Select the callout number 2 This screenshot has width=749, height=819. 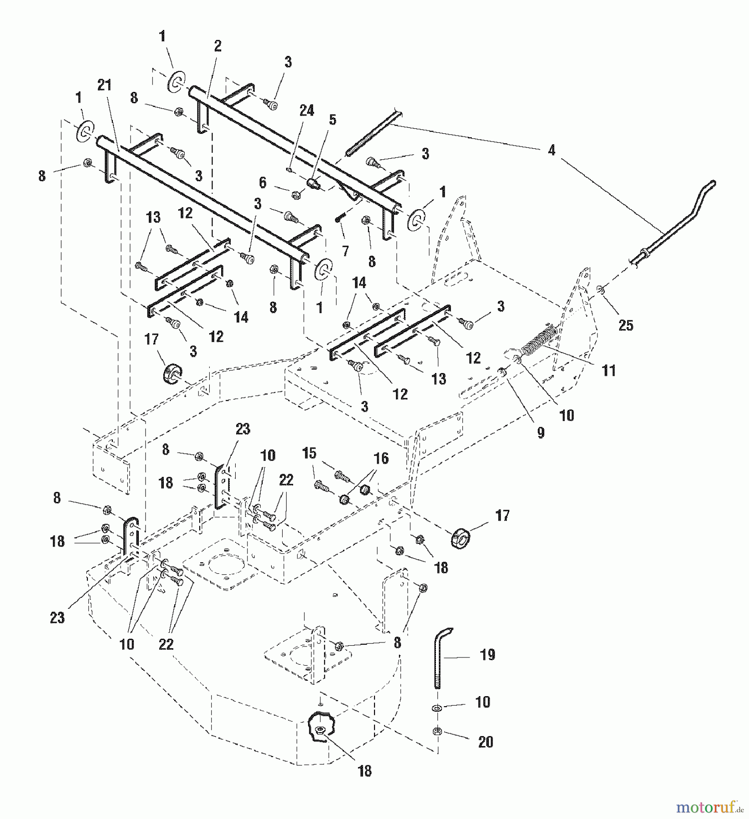click(x=218, y=46)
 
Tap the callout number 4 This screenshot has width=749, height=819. click(x=552, y=151)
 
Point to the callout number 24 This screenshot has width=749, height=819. click(x=307, y=111)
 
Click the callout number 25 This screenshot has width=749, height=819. click(x=626, y=325)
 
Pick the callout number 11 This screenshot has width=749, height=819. click(x=608, y=371)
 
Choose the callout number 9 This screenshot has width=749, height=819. click(x=541, y=432)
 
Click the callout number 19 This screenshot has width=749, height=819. click(x=487, y=655)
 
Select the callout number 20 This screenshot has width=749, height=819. click(x=486, y=742)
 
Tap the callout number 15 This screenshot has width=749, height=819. click(x=309, y=454)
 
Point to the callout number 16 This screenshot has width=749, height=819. click(x=381, y=459)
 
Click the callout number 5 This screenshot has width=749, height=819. click(x=332, y=120)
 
